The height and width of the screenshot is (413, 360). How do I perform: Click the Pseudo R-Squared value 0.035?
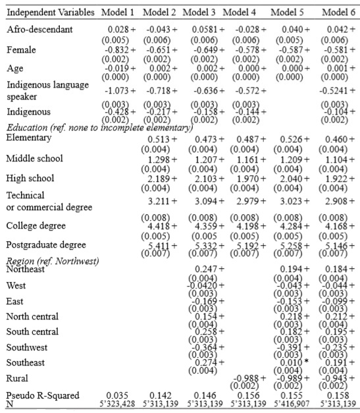[122, 396]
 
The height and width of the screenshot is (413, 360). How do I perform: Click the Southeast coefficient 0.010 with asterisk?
[290, 362]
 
